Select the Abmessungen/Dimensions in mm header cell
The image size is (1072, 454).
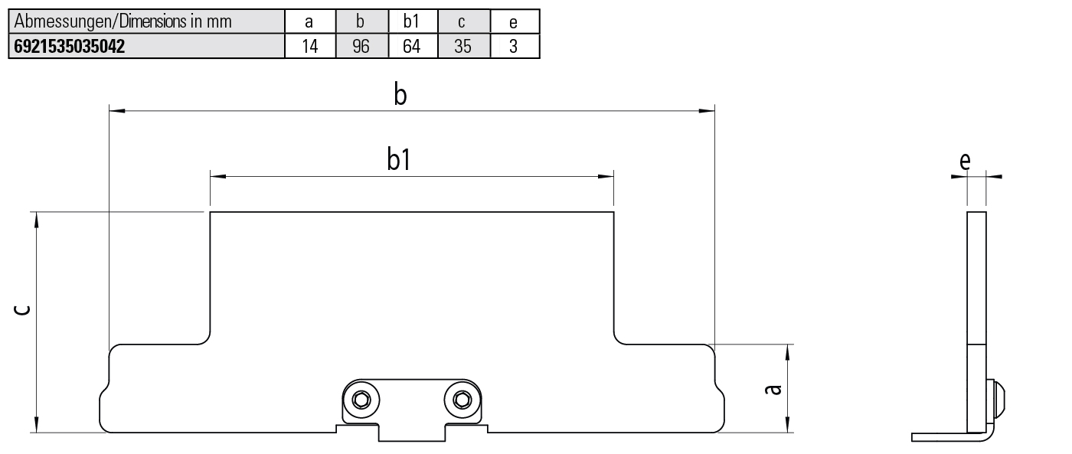123,21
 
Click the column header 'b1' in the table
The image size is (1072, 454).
411,21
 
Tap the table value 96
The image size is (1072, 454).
361,47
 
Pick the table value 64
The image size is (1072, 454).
411,47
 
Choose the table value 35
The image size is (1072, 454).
462,47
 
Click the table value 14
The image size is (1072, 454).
309,47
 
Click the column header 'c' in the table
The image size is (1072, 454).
462,21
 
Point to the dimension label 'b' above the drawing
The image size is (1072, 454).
400,95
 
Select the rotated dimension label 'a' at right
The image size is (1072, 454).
774,389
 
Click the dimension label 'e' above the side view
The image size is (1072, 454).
965,160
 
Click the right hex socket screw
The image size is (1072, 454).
461,400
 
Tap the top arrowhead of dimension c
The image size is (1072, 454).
35,220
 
